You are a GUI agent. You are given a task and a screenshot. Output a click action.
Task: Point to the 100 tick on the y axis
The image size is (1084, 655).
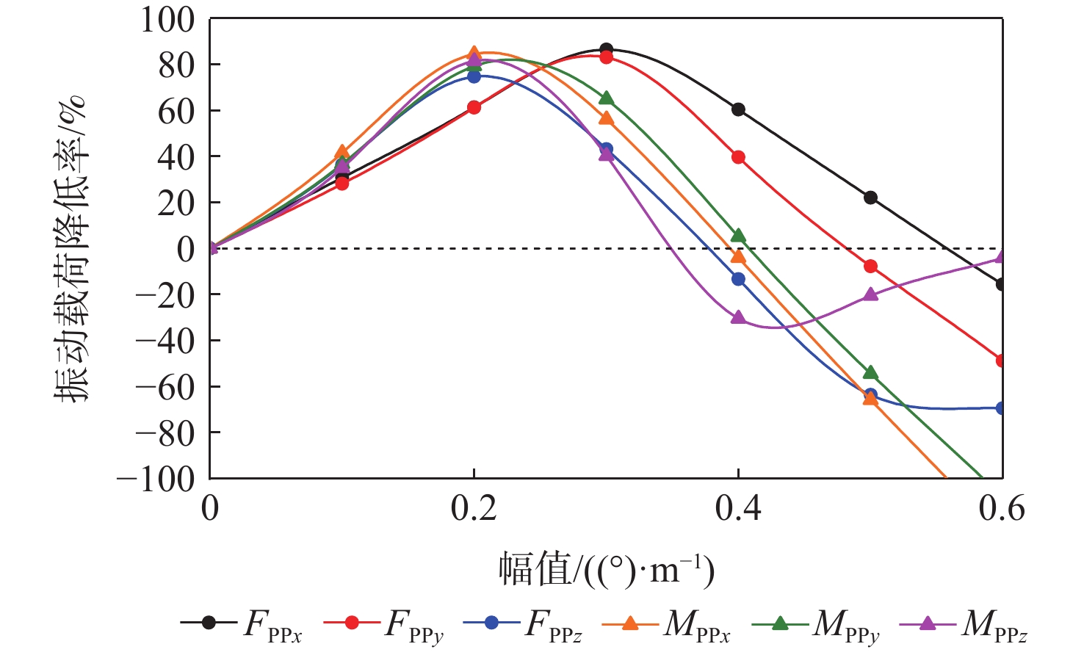pyautogui.click(x=168, y=20)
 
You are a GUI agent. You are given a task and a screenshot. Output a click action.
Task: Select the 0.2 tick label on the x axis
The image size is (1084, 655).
pyautogui.click(x=474, y=509)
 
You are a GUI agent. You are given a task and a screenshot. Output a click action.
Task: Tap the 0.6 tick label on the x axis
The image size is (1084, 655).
pyautogui.click(x=1001, y=509)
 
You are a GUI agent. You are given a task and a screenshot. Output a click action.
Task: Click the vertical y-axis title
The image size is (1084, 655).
pyautogui.click(x=71, y=248)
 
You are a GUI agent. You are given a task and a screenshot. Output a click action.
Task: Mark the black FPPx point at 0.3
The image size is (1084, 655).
pyautogui.click(x=606, y=49)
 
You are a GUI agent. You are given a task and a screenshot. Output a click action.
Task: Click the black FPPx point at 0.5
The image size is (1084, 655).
pyautogui.click(x=870, y=198)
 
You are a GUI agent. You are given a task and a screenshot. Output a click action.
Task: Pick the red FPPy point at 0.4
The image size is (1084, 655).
pyautogui.click(x=738, y=157)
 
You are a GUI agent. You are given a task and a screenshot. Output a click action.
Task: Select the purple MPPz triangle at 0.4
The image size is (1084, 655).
pyautogui.click(x=738, y=318)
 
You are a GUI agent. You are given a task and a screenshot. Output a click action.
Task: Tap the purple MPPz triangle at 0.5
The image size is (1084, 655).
pyautogui.click(x=870, y=294)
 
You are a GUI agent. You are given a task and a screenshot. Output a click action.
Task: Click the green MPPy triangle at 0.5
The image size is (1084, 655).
pyautogui.click(x=870, y=373)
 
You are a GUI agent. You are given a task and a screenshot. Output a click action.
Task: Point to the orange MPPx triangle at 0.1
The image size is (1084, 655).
pyautogui.click(x=342, y=152)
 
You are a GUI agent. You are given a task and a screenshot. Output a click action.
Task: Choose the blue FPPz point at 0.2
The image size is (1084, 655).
pyautogui.click(x=474, y=76)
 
